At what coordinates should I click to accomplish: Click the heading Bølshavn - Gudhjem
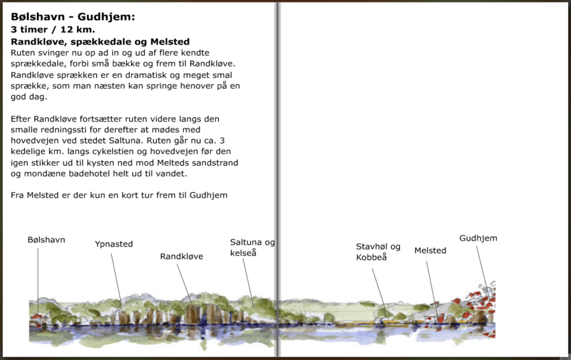click(x=73, y=17)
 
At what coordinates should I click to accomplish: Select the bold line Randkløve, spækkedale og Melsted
click(x=101, y=41)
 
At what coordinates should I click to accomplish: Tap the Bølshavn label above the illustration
click(x=46, y=240)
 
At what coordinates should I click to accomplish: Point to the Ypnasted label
click(x=114, y=244)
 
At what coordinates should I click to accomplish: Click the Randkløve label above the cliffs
click(x=182, y=257)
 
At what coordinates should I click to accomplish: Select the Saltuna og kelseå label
click(x=252, y=248)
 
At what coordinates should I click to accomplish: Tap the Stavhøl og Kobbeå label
click(x=378, y=252)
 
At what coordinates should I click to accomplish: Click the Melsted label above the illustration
click(x=430, y=250)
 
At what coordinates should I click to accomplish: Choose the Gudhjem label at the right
click(x=478, y=238)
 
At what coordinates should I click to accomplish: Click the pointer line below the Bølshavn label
click(x=38, y=280)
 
